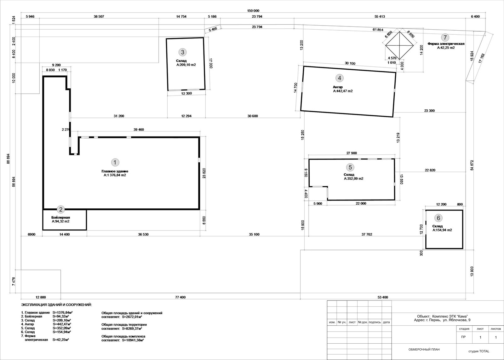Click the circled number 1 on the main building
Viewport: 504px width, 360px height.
pos(115,162)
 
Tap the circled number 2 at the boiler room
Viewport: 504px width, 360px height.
pos(60,210)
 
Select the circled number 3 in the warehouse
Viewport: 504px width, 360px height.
pos(182,52)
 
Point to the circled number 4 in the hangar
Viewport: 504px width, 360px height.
pos(340,78)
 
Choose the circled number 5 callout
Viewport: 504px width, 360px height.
pos(350,167)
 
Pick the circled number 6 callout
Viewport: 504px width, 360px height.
pos(438,218)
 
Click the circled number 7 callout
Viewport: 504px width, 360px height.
pos(445,38)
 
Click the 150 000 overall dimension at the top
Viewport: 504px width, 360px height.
pos(253,11)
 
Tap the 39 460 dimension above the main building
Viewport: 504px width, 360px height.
pos(139,130)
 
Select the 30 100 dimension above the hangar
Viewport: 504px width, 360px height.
pos(350,63)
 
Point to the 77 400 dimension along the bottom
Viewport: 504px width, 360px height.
pos(180,297)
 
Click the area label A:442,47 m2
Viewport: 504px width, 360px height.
pos(343,91)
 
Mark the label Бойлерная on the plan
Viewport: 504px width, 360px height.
pos(60,218)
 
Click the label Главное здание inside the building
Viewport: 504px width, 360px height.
pos(115,171)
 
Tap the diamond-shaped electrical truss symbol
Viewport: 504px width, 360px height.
pos(399,45)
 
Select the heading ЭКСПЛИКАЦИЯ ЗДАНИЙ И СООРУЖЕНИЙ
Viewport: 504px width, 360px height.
pos(56,305)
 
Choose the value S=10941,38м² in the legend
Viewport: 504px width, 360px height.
pos(133,340)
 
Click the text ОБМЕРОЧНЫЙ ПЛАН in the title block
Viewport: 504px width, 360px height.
pos(424,349)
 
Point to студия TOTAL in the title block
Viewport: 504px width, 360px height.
pos(479,351)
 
